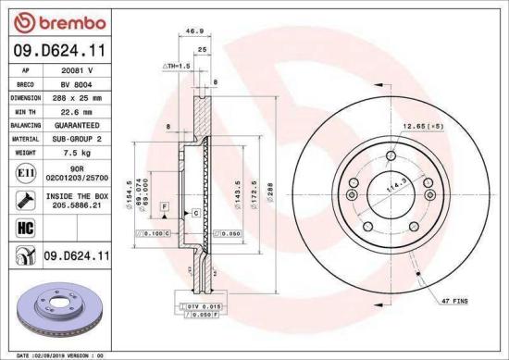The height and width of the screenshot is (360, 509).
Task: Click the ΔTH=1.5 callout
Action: tap(176, 67)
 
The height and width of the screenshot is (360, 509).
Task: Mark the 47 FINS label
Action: tap(454, 302)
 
